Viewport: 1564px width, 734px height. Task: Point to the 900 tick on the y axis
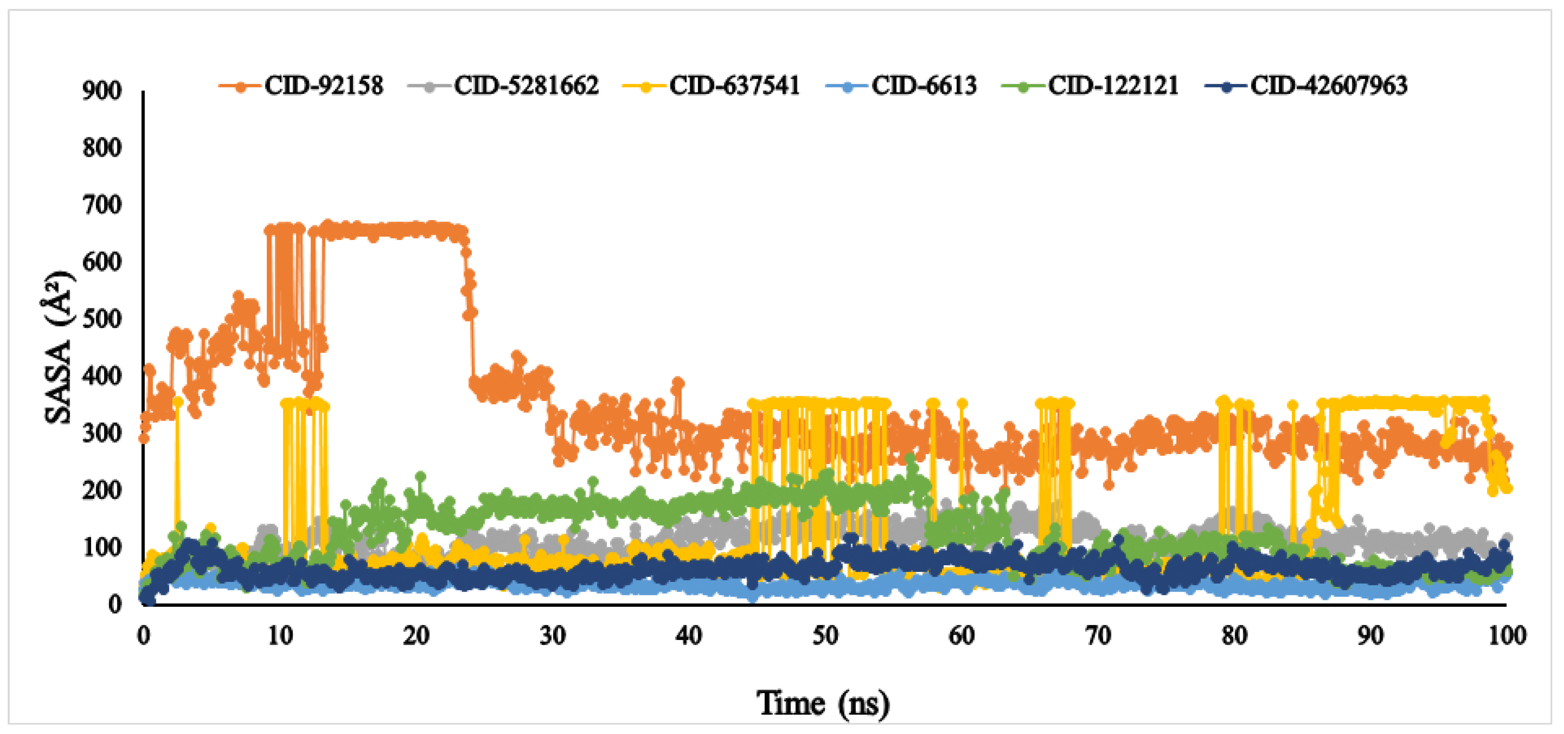[x=102, y=91]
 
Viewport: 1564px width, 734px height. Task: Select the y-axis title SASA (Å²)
[x=59, y=348]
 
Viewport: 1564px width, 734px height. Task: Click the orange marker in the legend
[x=241, y=87]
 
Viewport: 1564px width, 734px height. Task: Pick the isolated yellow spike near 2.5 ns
[x=178, y=402]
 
